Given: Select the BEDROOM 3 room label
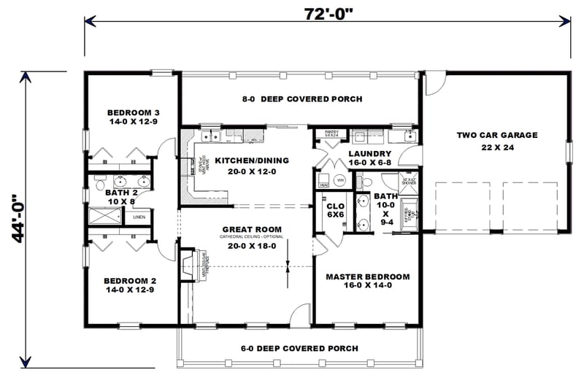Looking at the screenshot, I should click(133, 112).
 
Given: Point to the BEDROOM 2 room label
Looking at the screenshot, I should click(130, 280).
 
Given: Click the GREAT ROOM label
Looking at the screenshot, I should click(252, 229).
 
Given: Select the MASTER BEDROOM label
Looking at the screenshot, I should click(367, 277).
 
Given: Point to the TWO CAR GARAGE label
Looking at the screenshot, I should click(497, 135).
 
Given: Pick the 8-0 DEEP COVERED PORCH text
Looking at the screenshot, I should click(303, 99).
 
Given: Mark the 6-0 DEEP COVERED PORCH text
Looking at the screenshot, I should click(299, 349).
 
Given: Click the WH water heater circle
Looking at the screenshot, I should click(339, 179).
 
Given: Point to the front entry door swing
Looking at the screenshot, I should click(300, 315).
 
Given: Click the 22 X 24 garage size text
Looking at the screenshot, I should click(497, 148).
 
